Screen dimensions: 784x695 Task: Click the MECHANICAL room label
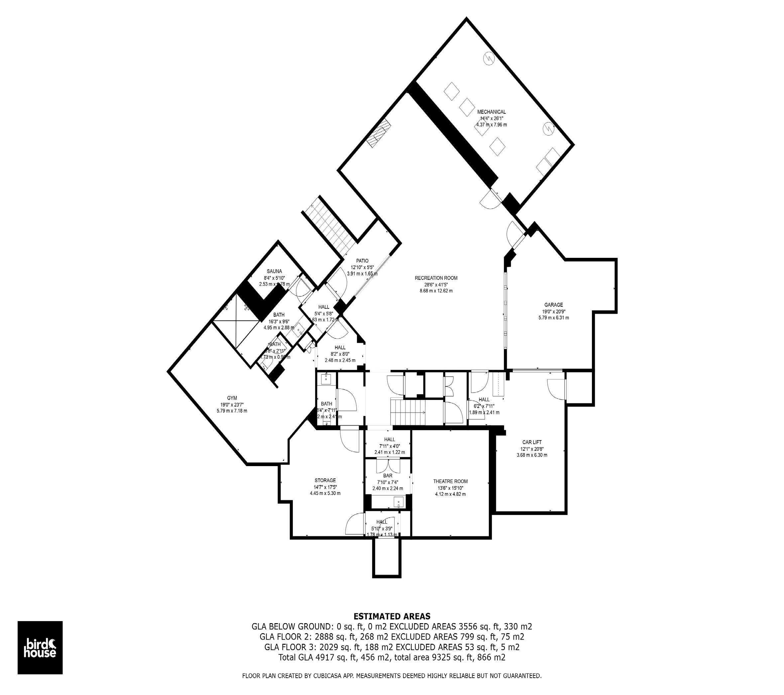click(x=491, y=112)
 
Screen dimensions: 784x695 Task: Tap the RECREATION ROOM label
click(x=436, y=278)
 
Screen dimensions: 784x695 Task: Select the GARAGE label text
click(x=553, y=305)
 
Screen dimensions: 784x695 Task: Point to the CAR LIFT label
click(x=532, y=442)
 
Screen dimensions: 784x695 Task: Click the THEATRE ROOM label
click(x=450, y=481)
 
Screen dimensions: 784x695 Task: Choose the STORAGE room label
click(x=325, y=480)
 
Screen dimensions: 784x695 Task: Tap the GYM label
click(x=232, y=398)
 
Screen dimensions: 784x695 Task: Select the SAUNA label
click(x=274, y=271)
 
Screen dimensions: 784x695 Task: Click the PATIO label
click(x=362, y=261)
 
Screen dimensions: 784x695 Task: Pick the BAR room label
click(x=388, y=475)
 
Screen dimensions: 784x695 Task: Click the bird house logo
click(x=40, y=647)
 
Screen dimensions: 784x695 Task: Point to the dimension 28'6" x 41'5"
click(x=436, y=284)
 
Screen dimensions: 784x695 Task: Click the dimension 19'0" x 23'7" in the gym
click(x=232, y=404)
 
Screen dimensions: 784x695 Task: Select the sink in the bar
click(x=399, y=502)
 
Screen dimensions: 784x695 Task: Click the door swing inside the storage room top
click(x=349, y=439)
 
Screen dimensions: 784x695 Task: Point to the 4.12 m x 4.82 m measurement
click(x=450, y=494)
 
